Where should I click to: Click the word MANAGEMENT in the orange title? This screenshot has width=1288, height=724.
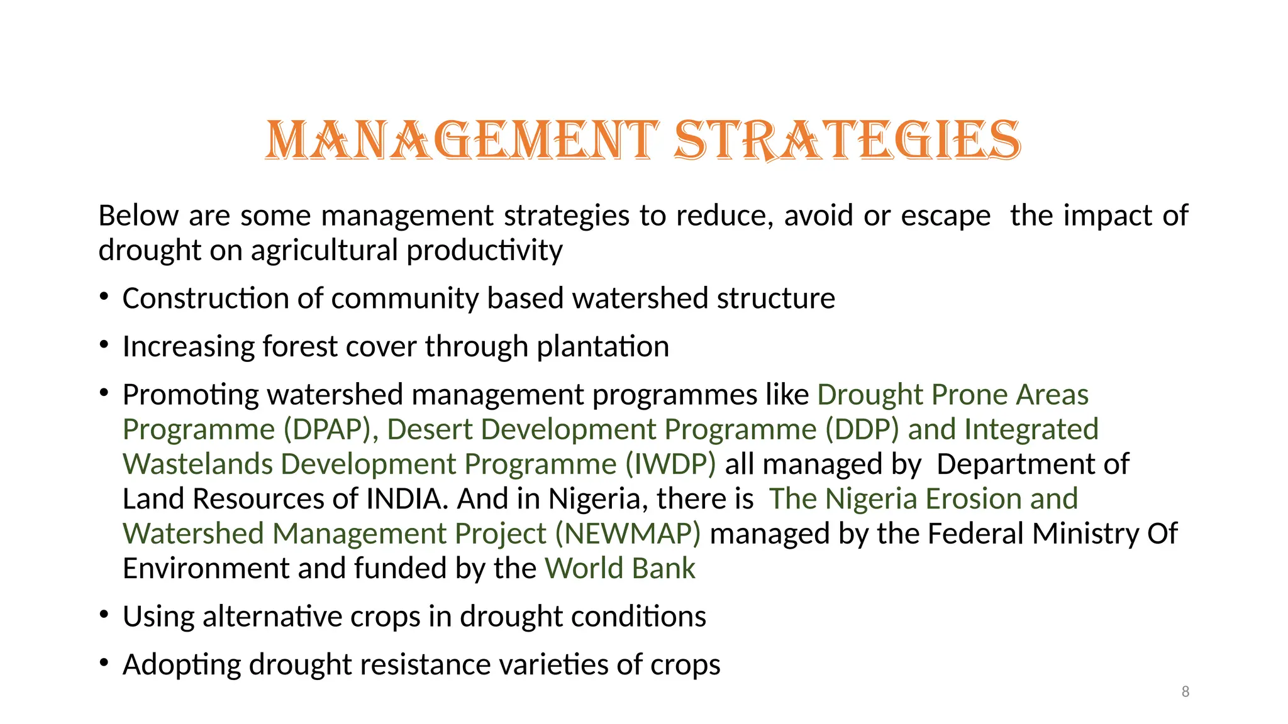(462, 140)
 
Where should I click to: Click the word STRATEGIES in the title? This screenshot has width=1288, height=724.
(847, 140)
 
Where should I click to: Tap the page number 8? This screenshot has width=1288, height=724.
(1185, 692)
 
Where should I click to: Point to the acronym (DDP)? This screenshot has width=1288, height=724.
(862, 430)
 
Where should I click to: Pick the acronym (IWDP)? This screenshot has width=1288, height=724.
(670, 464)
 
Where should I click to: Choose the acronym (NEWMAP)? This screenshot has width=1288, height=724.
(628, 534)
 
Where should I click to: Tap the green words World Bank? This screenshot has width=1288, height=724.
(620, 569)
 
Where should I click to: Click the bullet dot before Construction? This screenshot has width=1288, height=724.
(104, 296)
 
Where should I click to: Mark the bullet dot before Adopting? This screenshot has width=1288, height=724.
(104, 662)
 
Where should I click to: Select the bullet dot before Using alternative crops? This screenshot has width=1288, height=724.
(104, 614)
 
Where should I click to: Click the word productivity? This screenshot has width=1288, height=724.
(484, 251)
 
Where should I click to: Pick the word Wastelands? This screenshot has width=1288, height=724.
(197, 464)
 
